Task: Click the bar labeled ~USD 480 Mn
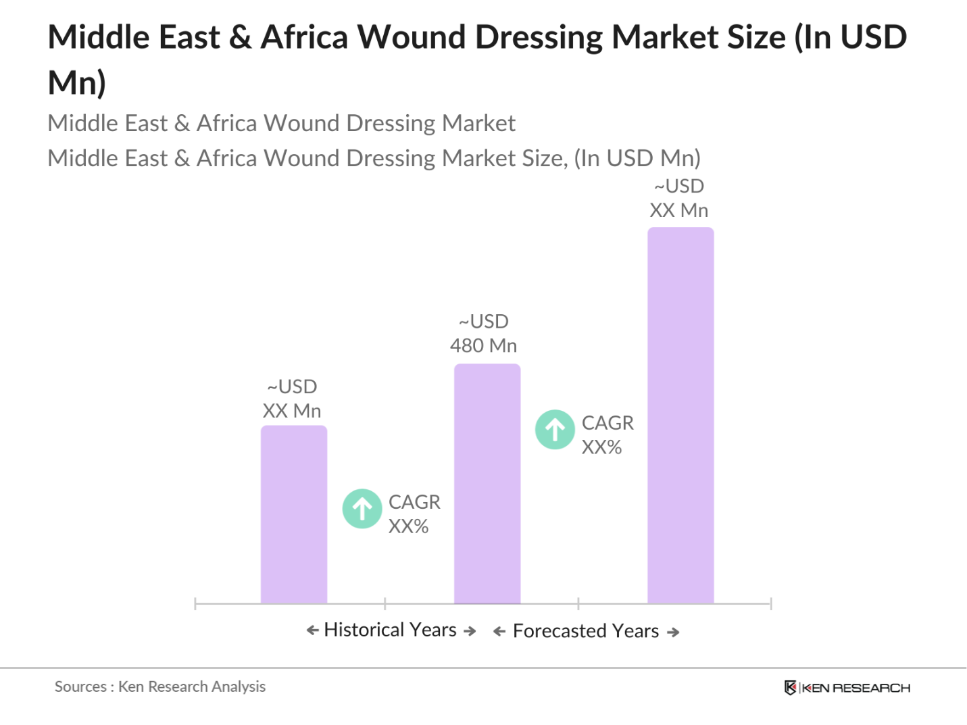tap(487, 483)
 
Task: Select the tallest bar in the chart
tap(680, 415)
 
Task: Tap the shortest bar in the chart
tap(293, 514)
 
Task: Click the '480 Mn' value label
tap(483, 345)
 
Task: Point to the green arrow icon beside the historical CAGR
tap(362, 508)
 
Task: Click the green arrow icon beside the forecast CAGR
tap(555, 429)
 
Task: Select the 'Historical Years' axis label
tap(391, 630)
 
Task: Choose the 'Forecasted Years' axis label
tap(586, 631)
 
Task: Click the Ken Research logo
tap(847, 687)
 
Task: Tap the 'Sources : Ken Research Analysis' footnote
tap(160, 686)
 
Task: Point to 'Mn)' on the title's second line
tap(77, 82)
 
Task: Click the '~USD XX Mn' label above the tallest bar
tap(678, 198)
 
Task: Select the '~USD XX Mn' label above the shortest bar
tap(292, 399)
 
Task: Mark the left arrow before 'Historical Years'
tap(312, 630)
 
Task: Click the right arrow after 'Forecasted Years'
tap(673, 632)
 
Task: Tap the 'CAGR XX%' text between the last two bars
tap(607, 434)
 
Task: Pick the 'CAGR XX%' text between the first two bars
tap(414, 514)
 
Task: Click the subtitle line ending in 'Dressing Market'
tap(281, 123)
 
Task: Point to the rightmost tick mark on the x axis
tap(770, 603)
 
